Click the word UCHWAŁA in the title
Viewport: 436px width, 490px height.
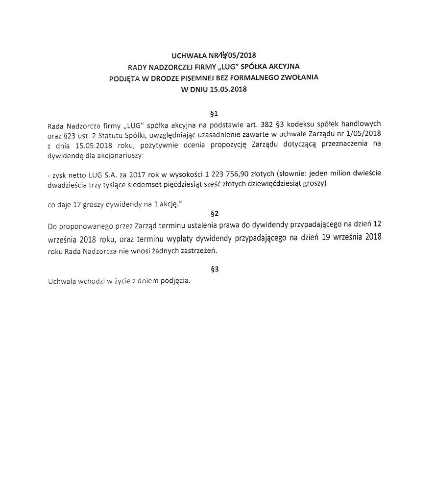pos(189,55)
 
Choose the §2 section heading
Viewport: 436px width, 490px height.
pos(214,213)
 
